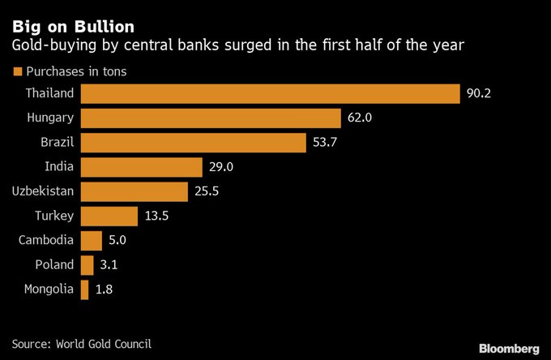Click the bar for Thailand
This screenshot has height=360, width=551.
point(270,93)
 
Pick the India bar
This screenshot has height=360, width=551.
point(142,167)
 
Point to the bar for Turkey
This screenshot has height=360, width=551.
point(109,216)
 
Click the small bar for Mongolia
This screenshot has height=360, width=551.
point(84,289)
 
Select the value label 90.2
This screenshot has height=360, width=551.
point(479,93)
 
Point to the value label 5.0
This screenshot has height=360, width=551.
point(118,240)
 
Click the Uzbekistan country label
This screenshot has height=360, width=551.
point(43,191)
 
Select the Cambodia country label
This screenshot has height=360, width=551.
point(46,240)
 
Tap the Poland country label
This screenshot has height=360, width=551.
point(54,264)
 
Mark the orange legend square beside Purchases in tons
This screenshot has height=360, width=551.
point(16,71)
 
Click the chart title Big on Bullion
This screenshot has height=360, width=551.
point(67,26)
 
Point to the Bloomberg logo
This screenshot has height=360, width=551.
point(508,348)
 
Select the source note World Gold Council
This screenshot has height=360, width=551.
point(104,344)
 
